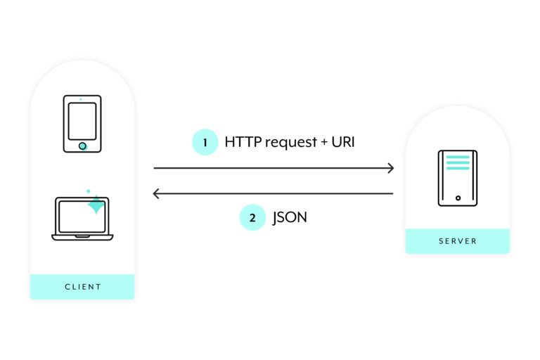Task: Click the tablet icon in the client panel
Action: [x=82, y=124]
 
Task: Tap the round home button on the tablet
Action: [x=82, y=146]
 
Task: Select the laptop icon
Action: [x=82, y=219]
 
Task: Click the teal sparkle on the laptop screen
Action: [x=96, y=205]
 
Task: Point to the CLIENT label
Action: [x=83, y=287]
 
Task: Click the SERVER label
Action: [x=458, y=241]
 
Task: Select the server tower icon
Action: [x=458, y=178]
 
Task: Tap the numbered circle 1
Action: [x=205, y=142]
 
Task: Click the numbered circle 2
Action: [x=252, y=217]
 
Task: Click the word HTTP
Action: [x=240, y=142]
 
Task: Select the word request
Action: [x=288, y=143]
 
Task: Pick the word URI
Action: [x=345, y=142]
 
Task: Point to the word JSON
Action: [x=290, y=217]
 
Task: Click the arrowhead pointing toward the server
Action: [x=390, y=168]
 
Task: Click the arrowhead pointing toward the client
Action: [x=157, y=193]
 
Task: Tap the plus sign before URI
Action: [x=323, y=143]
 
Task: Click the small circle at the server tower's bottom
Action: [x=458, y=198]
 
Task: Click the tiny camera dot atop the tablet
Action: [x=81, y=99]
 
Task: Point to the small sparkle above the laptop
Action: [x=88, y=191]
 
